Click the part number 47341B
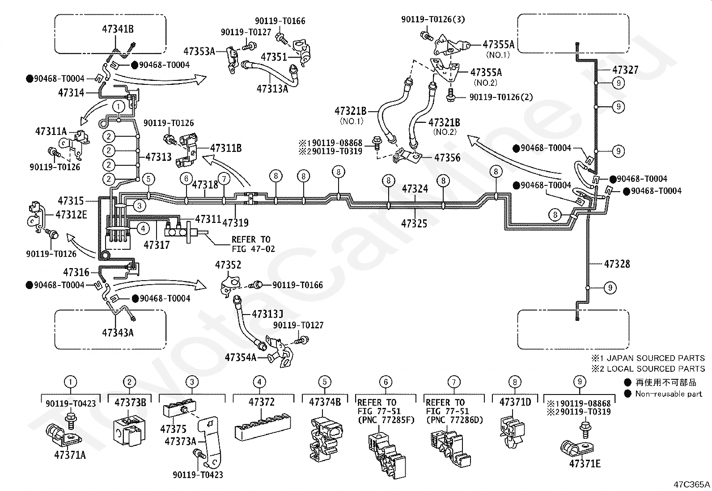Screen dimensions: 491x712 point(118,29)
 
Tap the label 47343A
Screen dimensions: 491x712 point(118,332)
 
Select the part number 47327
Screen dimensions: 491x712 point(625,70)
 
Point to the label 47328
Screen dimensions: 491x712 point(617,264)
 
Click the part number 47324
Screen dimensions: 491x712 point(415,189)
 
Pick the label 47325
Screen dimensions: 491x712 point(414,223)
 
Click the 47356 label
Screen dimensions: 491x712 point(447,158)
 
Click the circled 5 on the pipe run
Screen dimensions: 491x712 point(148,179)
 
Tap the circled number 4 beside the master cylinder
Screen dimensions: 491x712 point(143,229)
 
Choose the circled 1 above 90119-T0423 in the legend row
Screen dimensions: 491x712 point(70,382)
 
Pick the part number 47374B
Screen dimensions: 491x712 point(325,402)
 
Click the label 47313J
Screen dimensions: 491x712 point(267,314)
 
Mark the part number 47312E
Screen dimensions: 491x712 point(71,215)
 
